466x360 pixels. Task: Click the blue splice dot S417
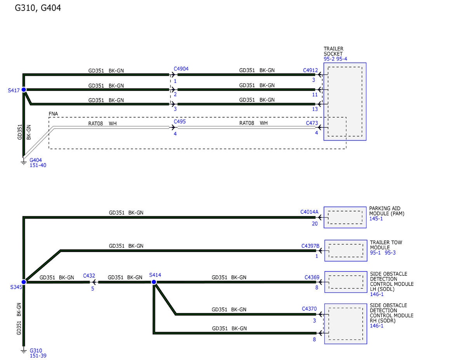click(x=24, y=90)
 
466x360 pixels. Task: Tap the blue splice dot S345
click(x=24, y=282)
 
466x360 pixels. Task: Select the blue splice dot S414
click(x=154, y=282)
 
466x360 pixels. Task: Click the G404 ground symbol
click(x=24, y=161)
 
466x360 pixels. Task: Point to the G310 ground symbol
click(x=24, y=351)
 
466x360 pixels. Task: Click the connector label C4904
click(x=181, y=69)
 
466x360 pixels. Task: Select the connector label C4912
click(x=310, y=70)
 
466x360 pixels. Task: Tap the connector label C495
click(x=179, y=122)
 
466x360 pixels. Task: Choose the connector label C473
click(x=312, y=123)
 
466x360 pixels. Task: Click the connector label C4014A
click(x=309, y=212)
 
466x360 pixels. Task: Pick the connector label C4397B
click(x=310, y=246)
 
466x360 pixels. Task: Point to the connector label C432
click(x=89, y=276)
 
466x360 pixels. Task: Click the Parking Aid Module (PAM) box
click(x=345, y=217)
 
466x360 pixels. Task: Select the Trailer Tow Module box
click(x=346, y=250)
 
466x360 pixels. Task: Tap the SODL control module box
click(x=346, y=282)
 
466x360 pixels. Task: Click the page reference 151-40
click(x=38, y=165)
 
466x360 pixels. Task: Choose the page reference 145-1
click(x=376, y=219)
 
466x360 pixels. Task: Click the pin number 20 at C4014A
click(x=315, y=224)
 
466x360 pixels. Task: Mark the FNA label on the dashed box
click(x=53, y=114)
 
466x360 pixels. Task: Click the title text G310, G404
click(x=38, y=8)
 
